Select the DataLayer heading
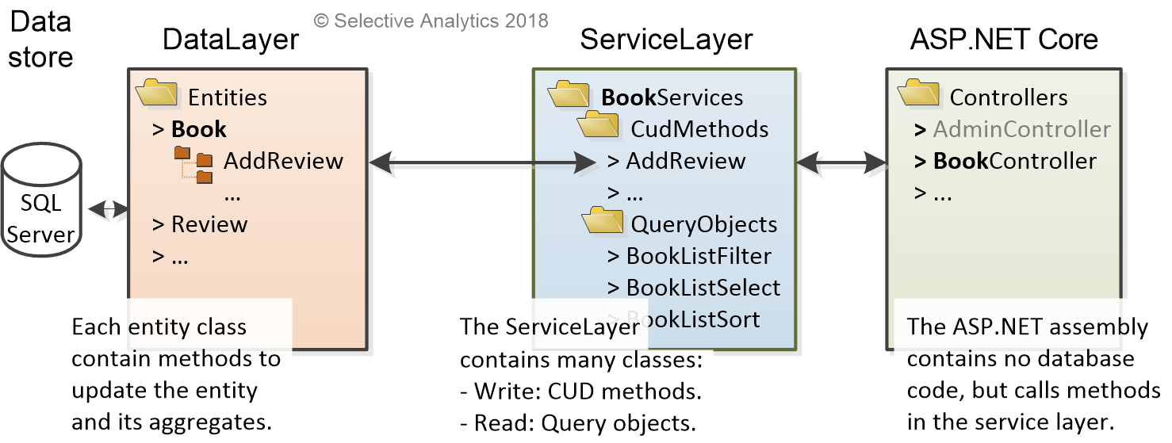point(230,40)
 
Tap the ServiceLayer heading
point(666,40)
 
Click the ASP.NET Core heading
point(1004,40)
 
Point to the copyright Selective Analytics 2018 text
point(431,21)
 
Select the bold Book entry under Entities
point(198,129)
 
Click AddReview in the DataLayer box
point(283,161)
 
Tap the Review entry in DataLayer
point(209,224)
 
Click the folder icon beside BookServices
point(569,94)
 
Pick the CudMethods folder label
point(699,129)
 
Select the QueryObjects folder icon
point(603,221)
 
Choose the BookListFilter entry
point(698,256)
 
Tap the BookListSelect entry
point(703,288)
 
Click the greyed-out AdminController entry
point(1021,129)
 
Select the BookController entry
point(1014,161)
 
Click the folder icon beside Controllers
point(918,94)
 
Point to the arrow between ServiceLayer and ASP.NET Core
point(841,162)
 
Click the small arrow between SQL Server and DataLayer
point(108,210)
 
